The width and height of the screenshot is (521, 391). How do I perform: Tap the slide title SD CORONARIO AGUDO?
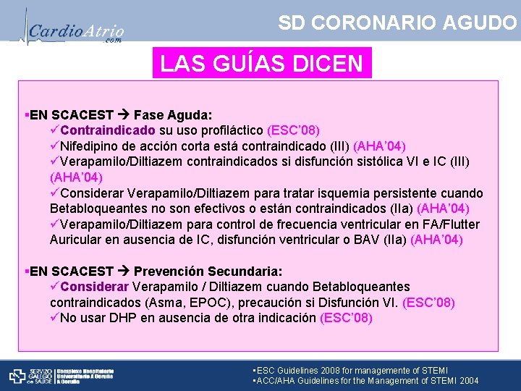pyautogui.click(x=397, y=22)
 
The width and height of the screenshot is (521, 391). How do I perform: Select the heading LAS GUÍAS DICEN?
pyautogui.click(x=262, y=64)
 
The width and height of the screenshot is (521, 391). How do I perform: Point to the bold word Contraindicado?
pyautogui.click(x=108, y=130)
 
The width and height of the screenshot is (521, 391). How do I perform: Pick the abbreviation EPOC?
pyautogui.click(x=206, y=302)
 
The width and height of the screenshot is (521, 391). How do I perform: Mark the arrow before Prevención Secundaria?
pyautogui.click(x=124, y=272)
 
